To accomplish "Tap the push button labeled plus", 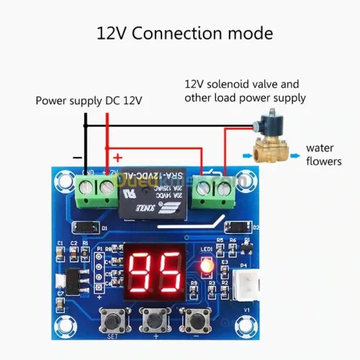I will tap(153, 318).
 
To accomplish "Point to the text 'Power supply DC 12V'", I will tap(89, 101).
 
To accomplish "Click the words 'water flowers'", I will tap(323, 154).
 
